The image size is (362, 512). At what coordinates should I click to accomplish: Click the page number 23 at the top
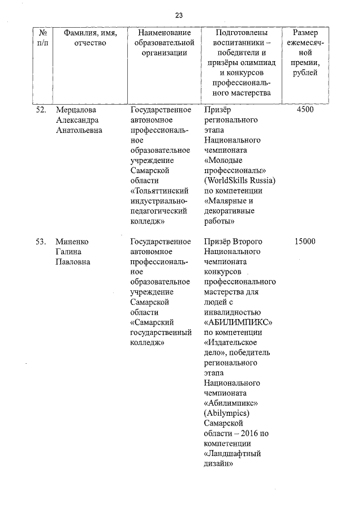click(179, 15)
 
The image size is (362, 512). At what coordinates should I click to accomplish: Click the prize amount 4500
click(305, 110)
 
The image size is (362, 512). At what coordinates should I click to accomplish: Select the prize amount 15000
click(305, 242)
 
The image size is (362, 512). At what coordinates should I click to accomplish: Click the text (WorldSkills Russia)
click(239, 181)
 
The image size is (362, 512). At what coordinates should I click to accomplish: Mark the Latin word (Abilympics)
click(226, 413)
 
